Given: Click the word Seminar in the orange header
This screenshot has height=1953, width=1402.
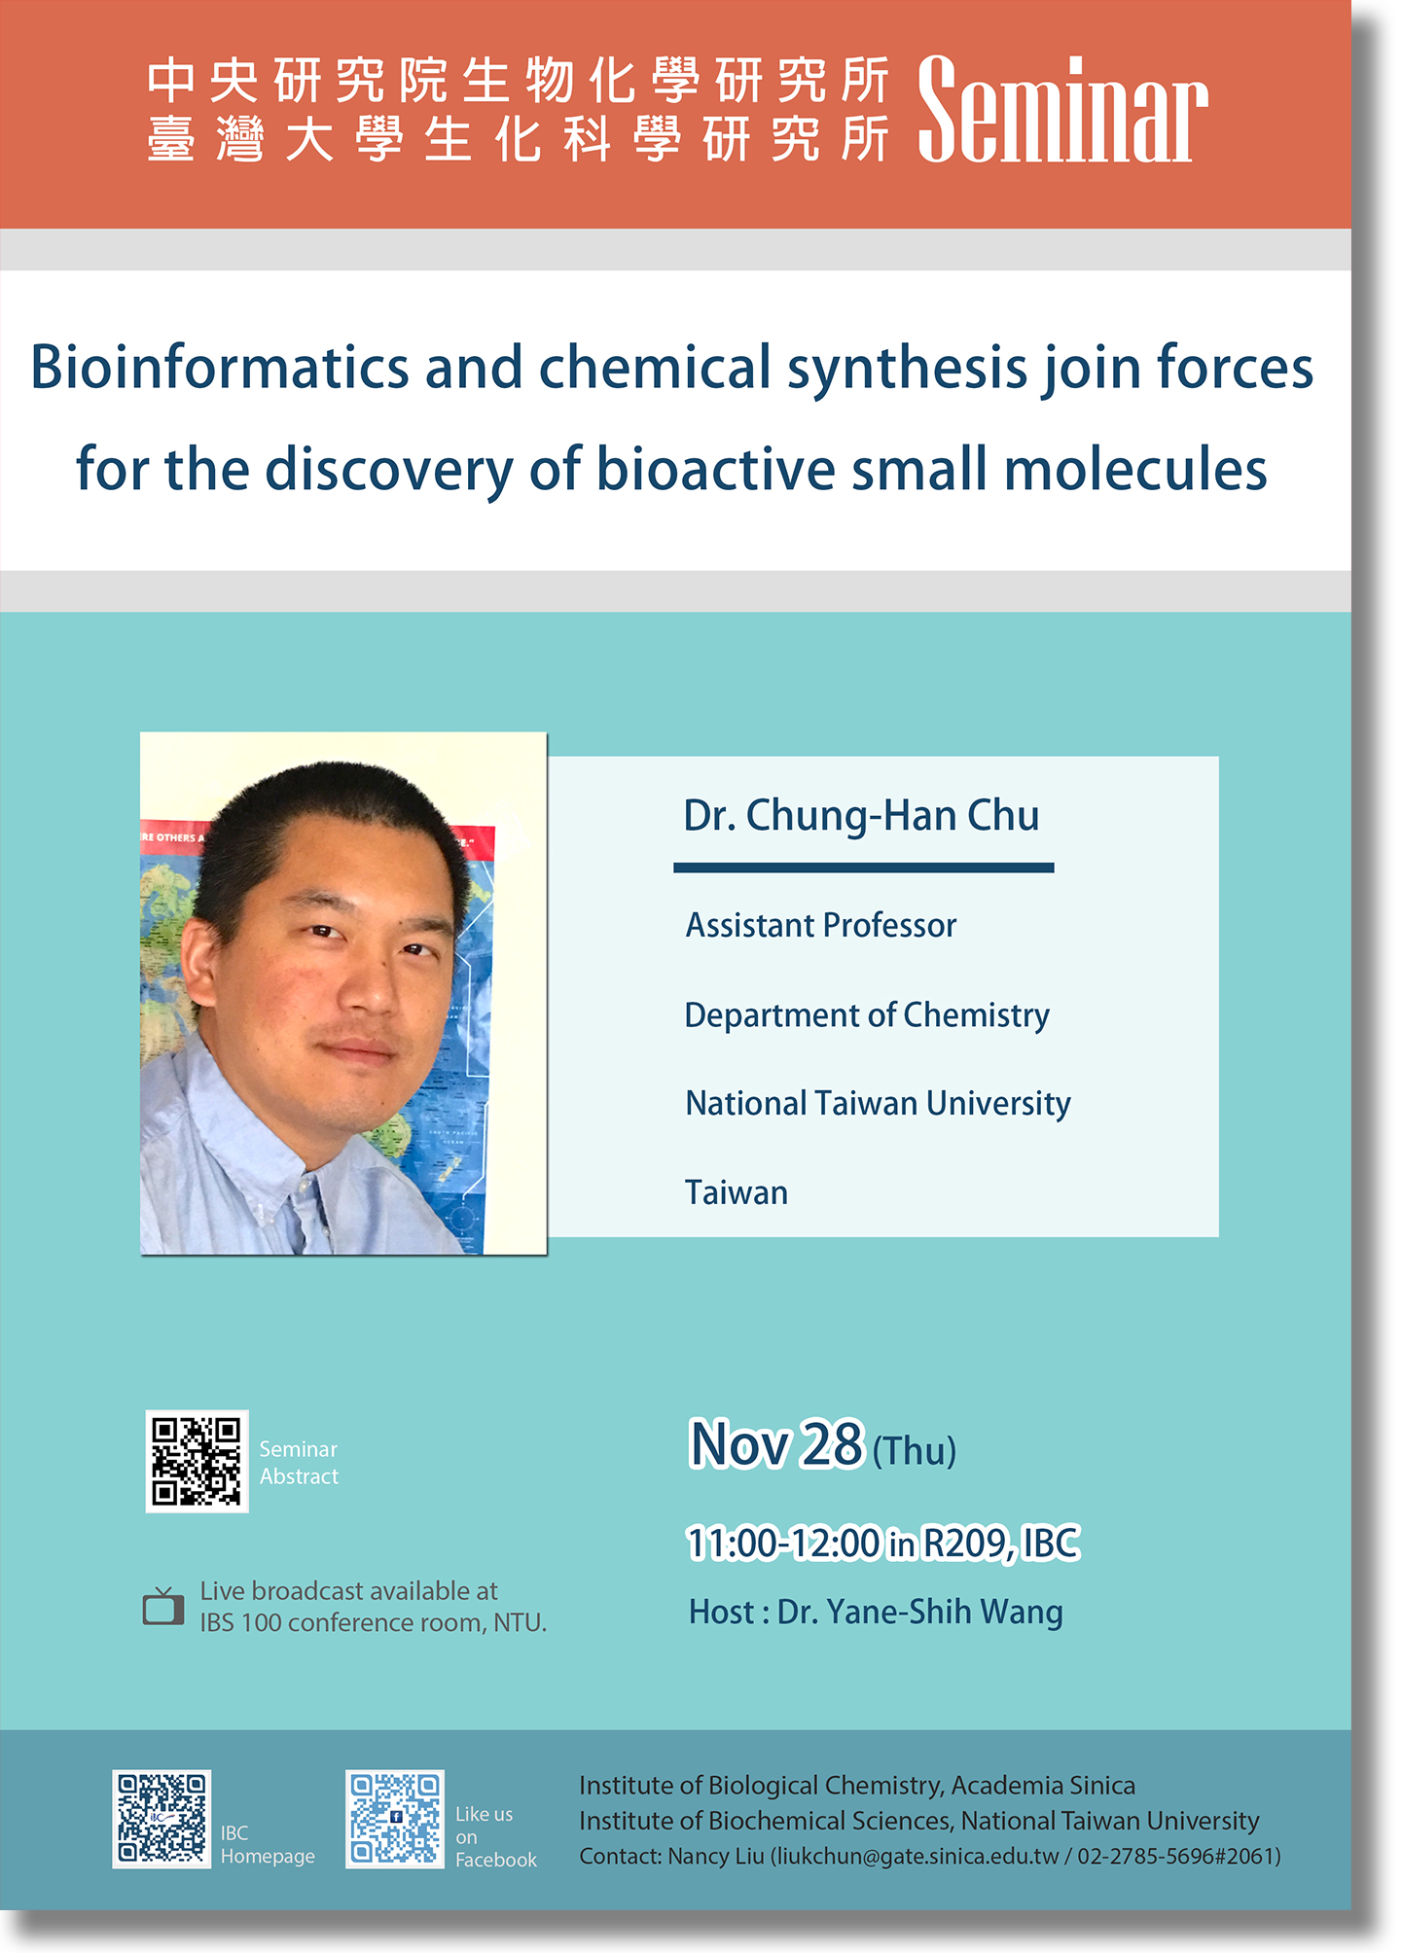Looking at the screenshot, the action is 1062,109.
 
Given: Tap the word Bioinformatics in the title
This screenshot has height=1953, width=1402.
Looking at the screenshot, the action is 220,368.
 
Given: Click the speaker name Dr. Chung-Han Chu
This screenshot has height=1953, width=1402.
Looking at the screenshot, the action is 861,816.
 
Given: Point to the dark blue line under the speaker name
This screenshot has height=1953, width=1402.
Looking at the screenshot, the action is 864,868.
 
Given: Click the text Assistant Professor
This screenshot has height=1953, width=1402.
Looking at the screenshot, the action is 821,925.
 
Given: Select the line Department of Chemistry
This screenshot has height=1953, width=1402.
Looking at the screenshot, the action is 867,1015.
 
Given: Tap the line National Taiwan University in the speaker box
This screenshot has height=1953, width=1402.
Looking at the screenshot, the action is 878,1104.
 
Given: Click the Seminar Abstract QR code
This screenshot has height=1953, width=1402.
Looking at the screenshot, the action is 197,1461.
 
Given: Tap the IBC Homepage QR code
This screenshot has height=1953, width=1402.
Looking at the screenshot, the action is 162,1819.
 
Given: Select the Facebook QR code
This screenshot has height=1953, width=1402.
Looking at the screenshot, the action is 395,1819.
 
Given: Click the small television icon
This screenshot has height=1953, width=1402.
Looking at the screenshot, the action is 163,1606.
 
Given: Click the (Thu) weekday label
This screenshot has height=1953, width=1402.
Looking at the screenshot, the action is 915,1451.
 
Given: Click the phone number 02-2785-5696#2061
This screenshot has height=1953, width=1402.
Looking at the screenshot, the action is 1175,1857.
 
